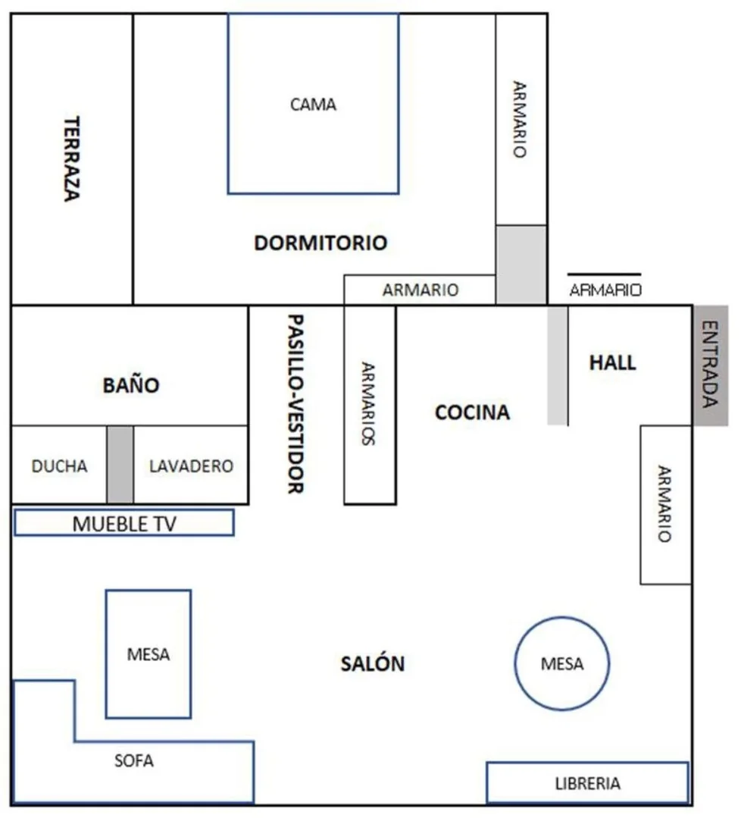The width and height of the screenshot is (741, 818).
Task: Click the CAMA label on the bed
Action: click(313, 105)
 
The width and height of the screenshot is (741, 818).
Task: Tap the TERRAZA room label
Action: click(71, 158)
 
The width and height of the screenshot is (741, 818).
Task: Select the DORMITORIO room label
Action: click(320, 243)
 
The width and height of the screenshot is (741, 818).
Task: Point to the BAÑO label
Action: click(131, 385)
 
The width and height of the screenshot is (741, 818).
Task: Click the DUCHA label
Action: click(59, 466)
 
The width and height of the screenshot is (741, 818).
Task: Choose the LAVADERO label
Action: click(192, 466)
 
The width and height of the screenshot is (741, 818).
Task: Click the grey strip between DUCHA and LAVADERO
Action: click(120, 464)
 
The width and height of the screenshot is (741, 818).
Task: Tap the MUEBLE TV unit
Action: click(124, 523)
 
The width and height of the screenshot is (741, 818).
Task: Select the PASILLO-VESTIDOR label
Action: click(295, 404)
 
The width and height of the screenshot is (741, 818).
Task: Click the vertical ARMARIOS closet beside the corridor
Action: click(370, 405)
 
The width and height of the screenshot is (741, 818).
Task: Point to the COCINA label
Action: click(473, 412)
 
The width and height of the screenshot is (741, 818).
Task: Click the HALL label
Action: click(613, 362)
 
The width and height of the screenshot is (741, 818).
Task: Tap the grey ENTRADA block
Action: click(711, 365)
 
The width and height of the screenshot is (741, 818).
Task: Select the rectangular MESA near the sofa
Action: click(149, 654)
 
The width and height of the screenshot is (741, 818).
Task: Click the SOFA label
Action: click(134, 760)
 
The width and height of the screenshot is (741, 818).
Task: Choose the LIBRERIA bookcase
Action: click(588, 782)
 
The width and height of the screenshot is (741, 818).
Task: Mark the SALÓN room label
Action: click(373, 663)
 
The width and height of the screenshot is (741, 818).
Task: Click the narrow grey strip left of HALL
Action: click(558, 365)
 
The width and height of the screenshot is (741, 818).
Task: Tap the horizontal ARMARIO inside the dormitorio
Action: click(420, 290)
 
